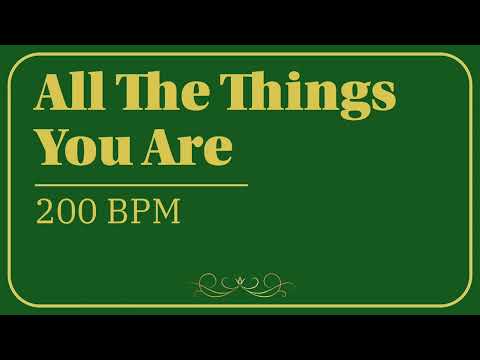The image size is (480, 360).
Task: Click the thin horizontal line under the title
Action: [x=141, y=185]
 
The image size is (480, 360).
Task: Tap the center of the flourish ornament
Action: [x=243, y=284]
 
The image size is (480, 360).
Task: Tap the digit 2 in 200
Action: [x=45, y=212]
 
